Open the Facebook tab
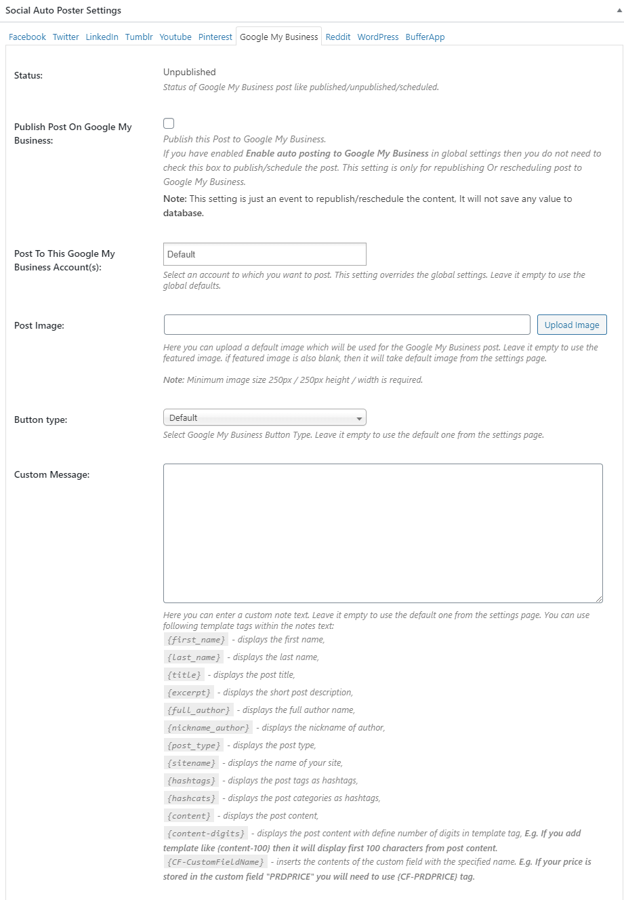point(27,37)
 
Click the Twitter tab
point(66,37)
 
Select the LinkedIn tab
point(102,37)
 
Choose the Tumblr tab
point(139,37)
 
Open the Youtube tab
point(175,37)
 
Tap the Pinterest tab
point(215,37)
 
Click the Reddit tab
point(338,37)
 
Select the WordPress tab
point(378,37)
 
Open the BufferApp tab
point(425,37)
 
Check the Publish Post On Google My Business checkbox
point(169,123)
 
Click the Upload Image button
point(572,325)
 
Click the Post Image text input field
point(347,325)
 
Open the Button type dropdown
point(264,417)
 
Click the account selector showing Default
point(264,254)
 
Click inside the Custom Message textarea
point(383,533)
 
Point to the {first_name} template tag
point(196,640)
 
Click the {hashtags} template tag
point(192,781)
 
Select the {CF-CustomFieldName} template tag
point(215,862)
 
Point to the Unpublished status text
point(190,73)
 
